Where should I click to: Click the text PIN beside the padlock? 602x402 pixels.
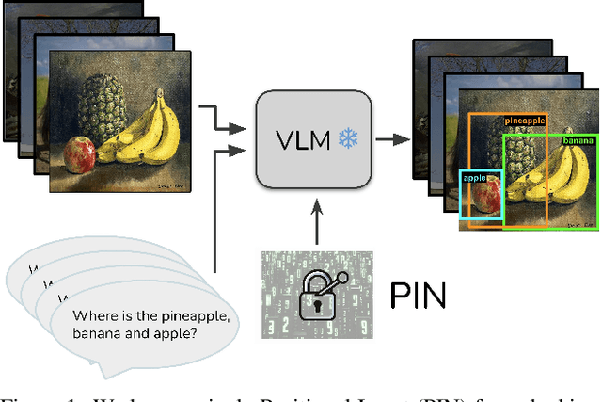[418, 296]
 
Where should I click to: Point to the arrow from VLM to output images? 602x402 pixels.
[394, 139]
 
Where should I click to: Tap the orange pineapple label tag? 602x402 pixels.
[526, 121]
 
